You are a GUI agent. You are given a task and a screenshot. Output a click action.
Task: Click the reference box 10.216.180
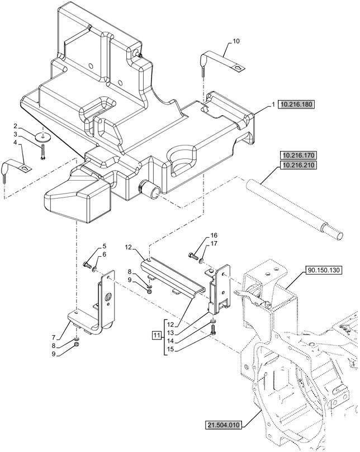coord(296,105)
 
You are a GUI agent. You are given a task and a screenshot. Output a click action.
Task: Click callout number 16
coord(214,235)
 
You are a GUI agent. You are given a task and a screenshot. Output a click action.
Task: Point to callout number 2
coord(16,126)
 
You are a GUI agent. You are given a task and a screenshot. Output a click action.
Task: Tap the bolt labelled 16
coord(194,256)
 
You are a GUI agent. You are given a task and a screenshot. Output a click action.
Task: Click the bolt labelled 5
coord(87,264)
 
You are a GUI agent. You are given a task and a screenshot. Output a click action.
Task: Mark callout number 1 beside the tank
coord(273,105)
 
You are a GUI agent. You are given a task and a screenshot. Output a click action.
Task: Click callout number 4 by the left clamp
coord(16,144)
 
